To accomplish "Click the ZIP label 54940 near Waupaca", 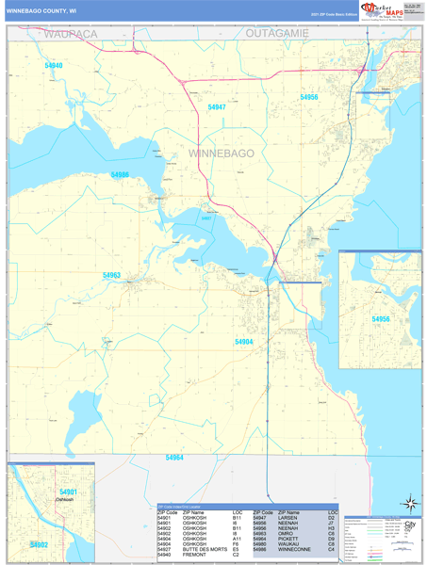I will (x=54, y=66).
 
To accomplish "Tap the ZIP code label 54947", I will (x=217, y=107).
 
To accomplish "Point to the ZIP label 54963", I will (x=111, y=275).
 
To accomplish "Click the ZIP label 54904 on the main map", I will (x=244, y=341).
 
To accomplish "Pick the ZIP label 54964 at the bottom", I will (x=173, y=458).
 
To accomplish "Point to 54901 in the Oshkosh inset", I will (x=68, y=492).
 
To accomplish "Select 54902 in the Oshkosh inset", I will (x=39, y=544).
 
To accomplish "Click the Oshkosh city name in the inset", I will (x=63, y=500).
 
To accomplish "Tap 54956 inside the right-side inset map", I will (x=381, y=319).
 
